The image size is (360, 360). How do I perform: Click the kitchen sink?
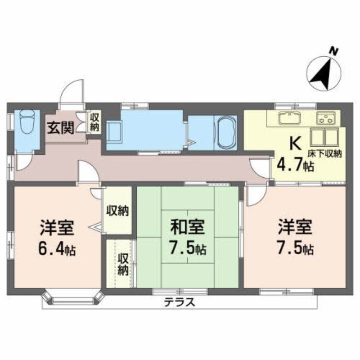[288, 118]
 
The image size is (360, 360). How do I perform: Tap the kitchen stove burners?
[328, 119]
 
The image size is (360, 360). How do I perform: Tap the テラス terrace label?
[179, 302]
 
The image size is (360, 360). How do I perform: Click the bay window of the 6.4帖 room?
[73, 298]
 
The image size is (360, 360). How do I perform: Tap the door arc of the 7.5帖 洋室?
[255, 194]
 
